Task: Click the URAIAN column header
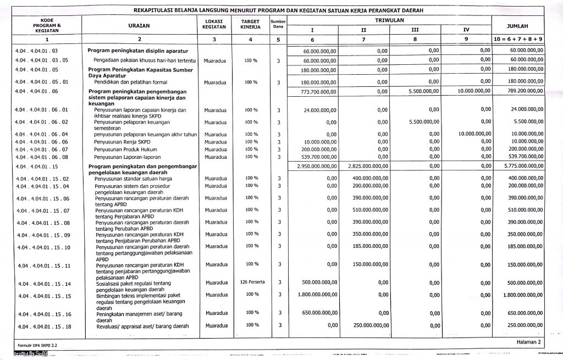click(139, 25)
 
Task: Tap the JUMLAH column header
click(518, 26)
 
